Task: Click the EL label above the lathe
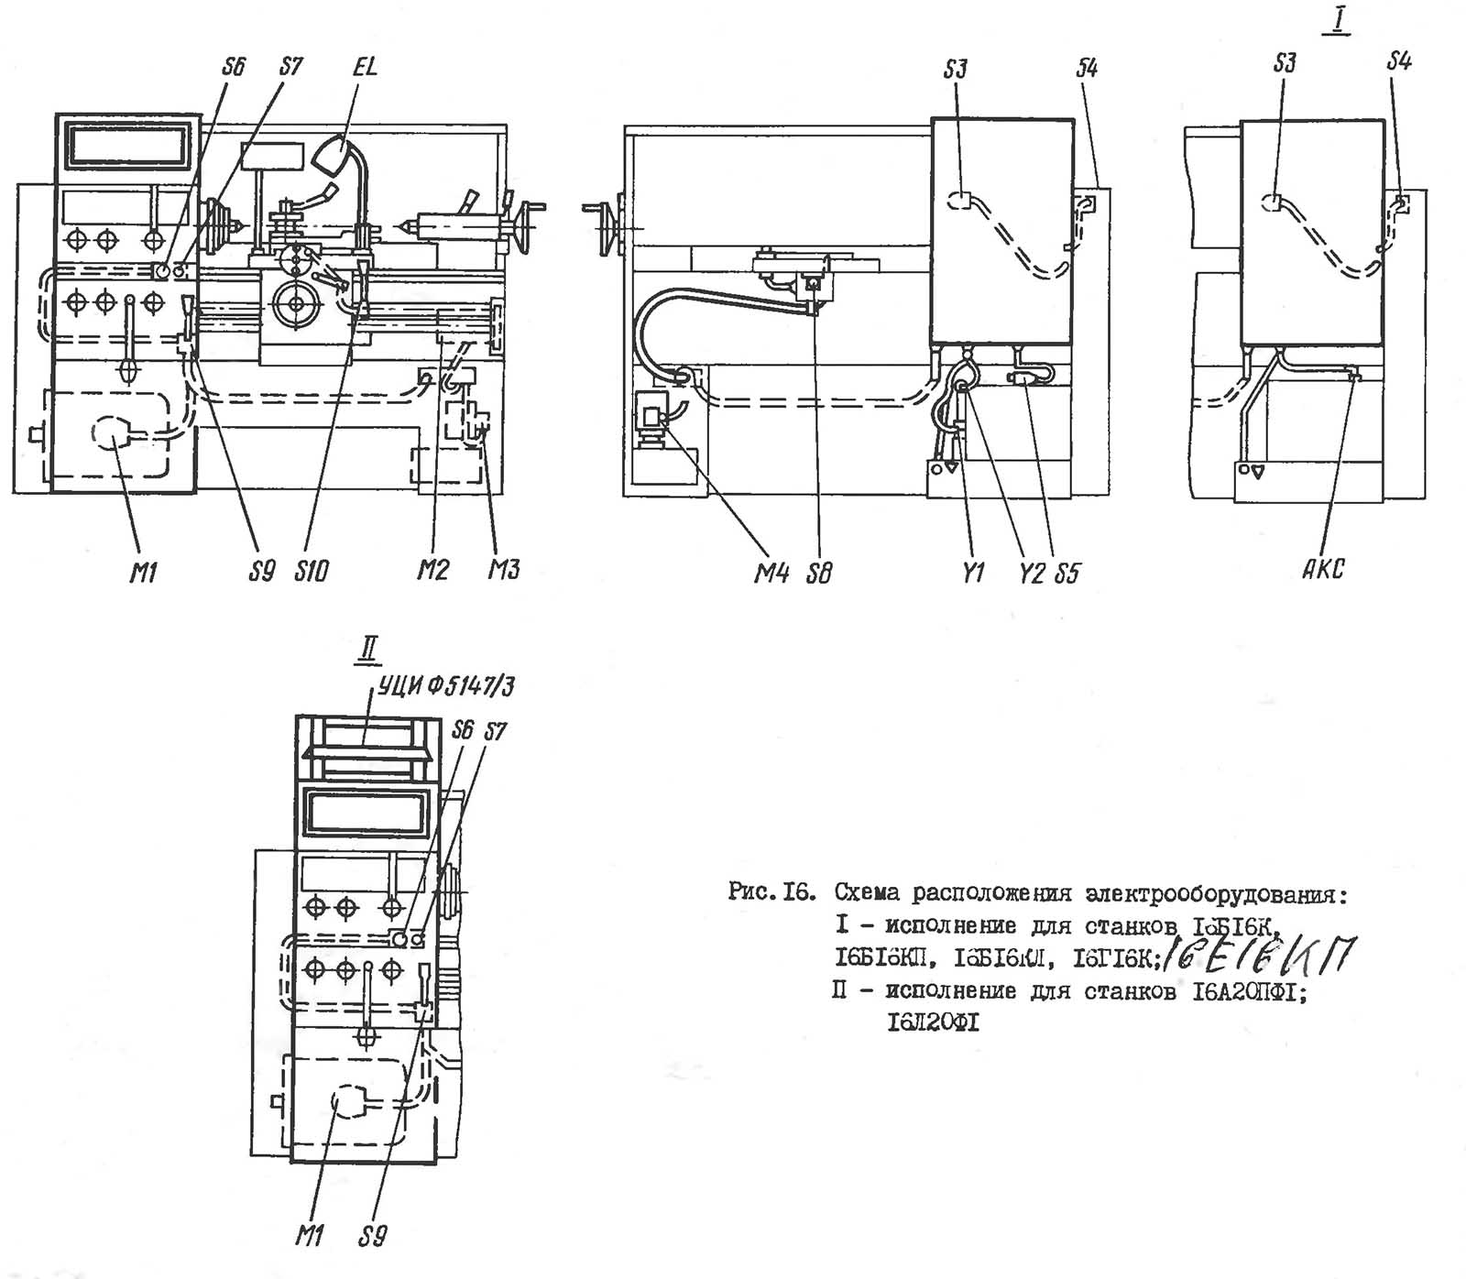365,67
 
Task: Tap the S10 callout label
312,572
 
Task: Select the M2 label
433,571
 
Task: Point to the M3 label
503,570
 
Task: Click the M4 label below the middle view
771,574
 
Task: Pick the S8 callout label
820,574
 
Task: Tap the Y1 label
972,574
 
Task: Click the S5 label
1067,574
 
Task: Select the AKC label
1323,569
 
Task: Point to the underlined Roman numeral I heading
1339,22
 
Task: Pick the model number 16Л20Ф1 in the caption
933,1022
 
